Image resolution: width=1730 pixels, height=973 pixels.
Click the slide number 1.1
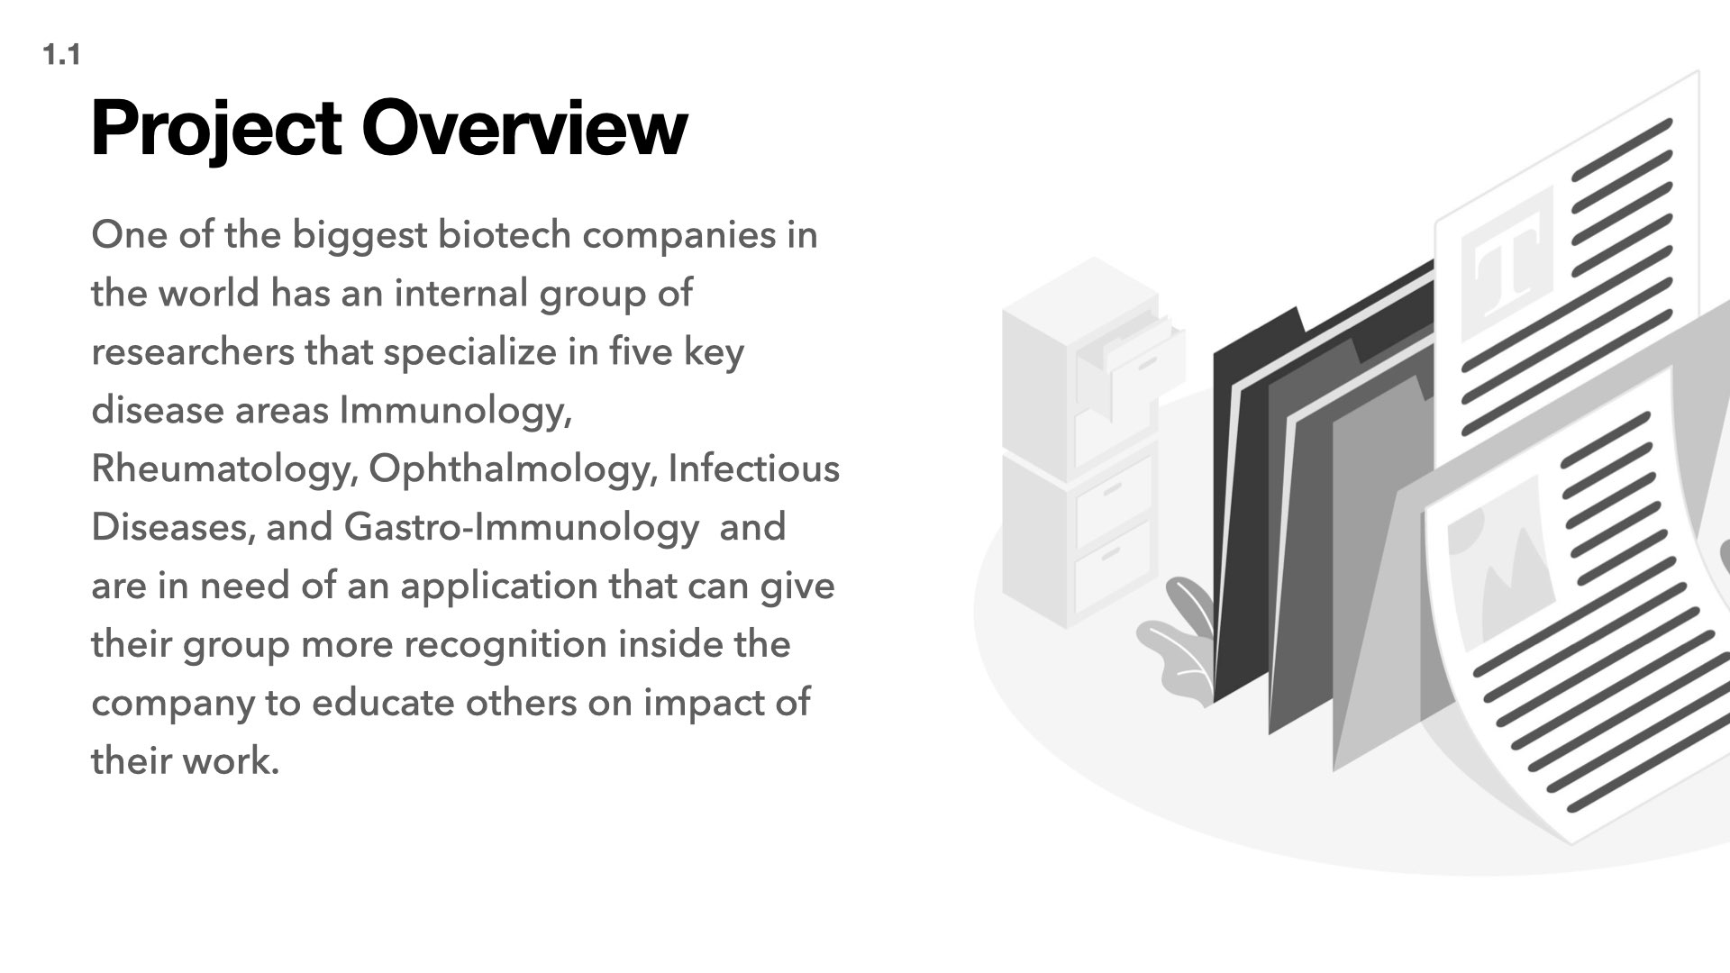(61, 56)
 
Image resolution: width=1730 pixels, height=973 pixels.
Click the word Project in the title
(216, 130)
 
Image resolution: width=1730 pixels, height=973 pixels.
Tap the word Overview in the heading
(524, 128)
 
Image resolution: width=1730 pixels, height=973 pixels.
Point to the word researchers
(193, 351)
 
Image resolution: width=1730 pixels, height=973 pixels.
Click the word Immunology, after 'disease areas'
(456, 411)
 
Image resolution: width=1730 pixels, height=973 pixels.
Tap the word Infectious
(753, 468)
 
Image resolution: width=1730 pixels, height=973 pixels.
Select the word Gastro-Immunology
(521, 528)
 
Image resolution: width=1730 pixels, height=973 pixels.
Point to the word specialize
(470, 352)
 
